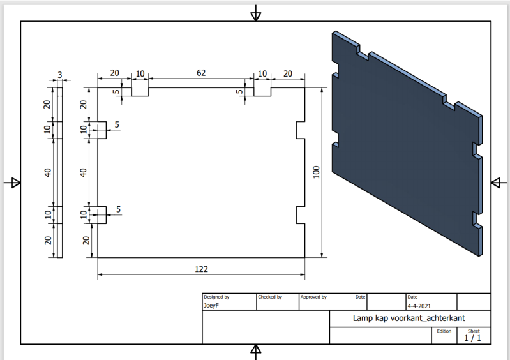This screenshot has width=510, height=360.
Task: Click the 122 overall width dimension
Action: (201, 269)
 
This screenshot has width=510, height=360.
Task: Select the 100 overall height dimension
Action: (316, 172)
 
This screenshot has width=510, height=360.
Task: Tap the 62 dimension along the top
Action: (201, 73)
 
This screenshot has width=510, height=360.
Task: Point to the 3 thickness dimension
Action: (60, 75)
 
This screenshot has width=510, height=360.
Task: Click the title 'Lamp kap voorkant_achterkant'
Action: (409, 318)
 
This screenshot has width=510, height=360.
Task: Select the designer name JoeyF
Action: (211, 305)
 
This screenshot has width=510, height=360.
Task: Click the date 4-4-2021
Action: (419, 306)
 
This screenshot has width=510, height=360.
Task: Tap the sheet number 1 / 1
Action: (472, 338)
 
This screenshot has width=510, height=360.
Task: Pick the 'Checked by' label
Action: (270, 297)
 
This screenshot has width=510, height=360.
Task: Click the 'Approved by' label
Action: (313, 297)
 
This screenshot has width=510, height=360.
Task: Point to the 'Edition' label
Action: (444, 331)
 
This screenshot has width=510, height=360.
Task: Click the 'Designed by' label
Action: (216, 297)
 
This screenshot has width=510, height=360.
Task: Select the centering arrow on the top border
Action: (256, 13)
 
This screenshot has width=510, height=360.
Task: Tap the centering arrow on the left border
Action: (12, 183)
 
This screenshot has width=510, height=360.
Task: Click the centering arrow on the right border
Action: (499, 183)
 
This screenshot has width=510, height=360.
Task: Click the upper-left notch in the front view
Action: (101, 130)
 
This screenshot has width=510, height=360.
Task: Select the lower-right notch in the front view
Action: (301, 215)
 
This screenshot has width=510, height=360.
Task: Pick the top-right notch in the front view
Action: (262, 92)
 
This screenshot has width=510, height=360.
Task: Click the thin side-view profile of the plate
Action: (60, 172)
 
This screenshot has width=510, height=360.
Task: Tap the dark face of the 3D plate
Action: (403, 143)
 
